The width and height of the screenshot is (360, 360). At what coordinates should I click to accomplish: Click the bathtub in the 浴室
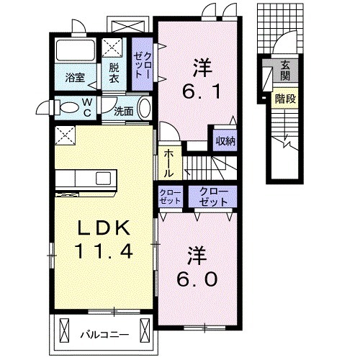75,50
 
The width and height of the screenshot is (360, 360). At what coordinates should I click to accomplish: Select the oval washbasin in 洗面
145,108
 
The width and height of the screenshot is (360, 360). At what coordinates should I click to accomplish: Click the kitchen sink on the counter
103,179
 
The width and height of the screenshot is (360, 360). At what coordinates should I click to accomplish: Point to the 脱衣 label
114,73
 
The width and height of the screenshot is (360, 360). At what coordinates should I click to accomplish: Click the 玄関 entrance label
285,71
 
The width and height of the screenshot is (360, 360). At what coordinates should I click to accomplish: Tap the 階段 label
285,99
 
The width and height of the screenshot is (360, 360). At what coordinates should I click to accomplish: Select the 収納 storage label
225,141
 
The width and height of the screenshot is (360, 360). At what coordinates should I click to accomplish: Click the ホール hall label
168,163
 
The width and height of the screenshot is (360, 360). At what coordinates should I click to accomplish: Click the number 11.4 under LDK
104,251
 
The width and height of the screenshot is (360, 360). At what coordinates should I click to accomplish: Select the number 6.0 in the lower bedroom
197,279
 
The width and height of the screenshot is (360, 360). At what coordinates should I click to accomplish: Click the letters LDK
104,228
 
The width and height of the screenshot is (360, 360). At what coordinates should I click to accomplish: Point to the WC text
87,107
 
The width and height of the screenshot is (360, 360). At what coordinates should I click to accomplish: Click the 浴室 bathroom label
75,77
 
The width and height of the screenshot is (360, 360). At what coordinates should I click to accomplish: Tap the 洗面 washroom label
124,111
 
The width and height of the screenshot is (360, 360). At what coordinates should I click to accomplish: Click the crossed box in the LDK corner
65,135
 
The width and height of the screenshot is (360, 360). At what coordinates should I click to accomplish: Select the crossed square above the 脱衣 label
112,48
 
